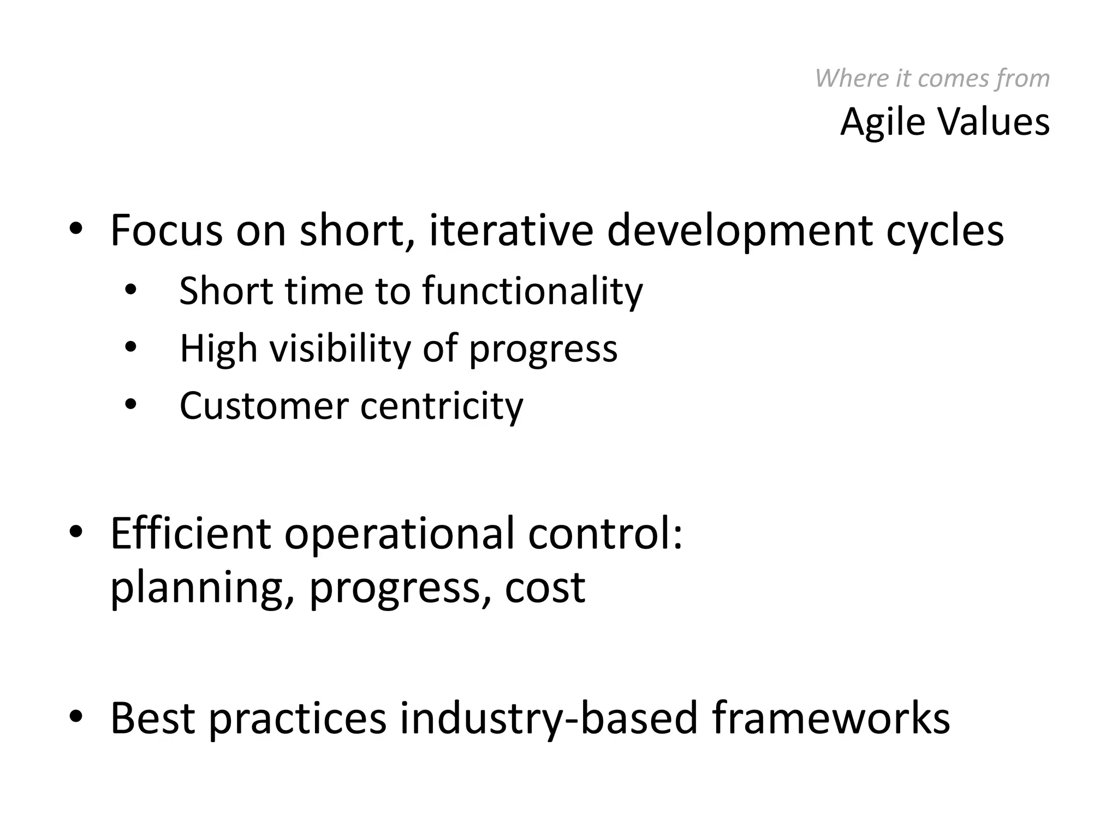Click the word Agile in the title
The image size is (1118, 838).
pos(882,122)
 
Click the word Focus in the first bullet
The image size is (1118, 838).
pos(166,230)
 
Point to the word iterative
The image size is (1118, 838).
pos(511,230)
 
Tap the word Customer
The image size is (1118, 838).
pos(264,406)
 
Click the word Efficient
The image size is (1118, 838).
pos(191,533)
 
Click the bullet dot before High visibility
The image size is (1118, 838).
pos(130,346)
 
